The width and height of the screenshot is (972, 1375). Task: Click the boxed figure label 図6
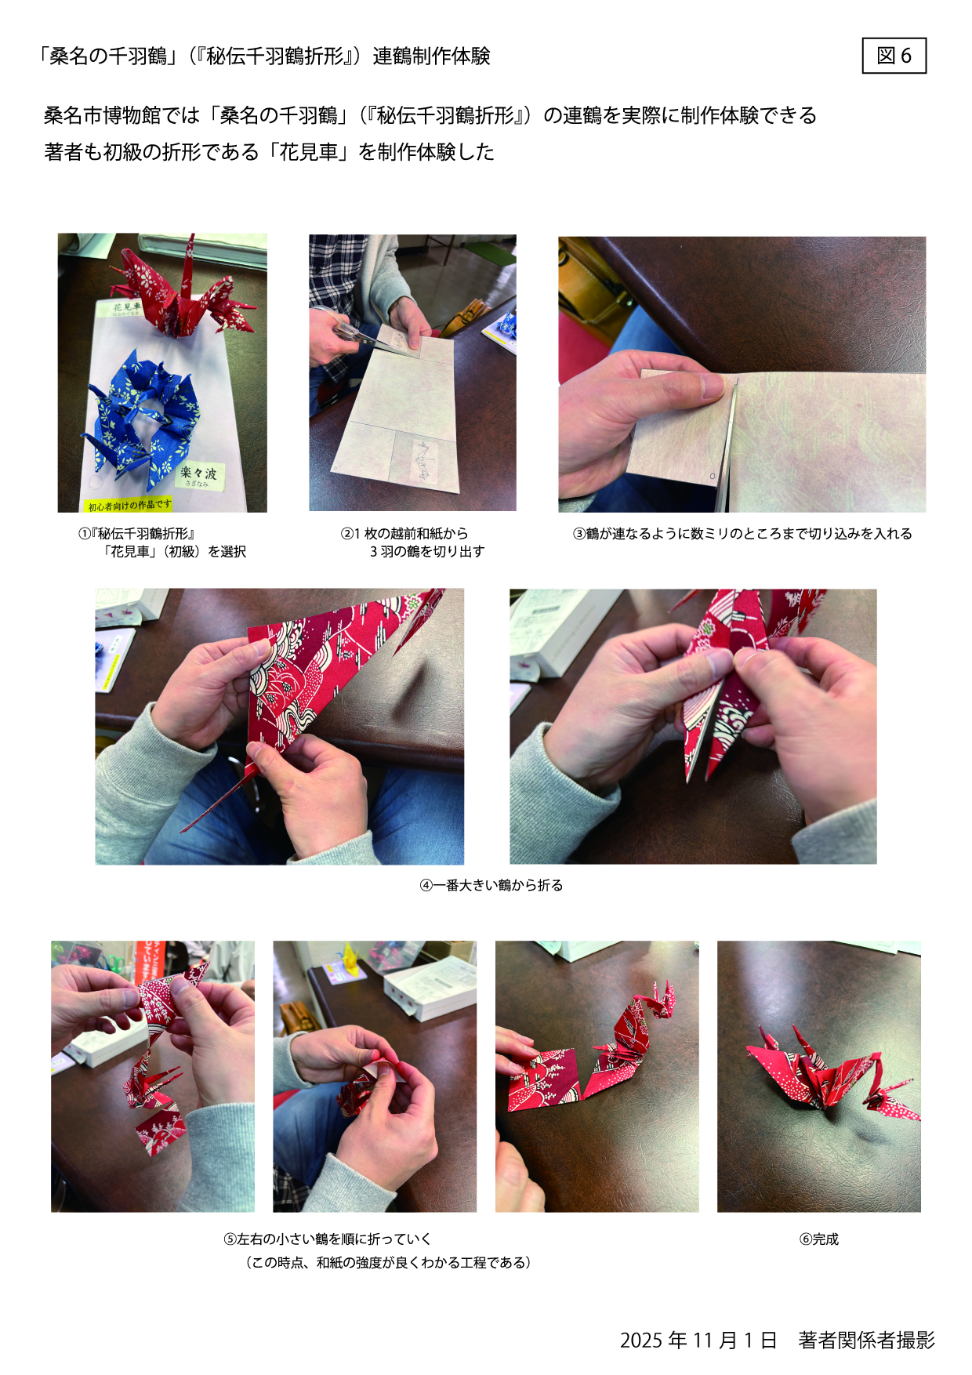(x=894, y=56)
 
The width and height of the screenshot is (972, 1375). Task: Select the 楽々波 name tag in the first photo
(x=199, y=474)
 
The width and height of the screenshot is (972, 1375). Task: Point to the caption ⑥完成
(x=818, y=1239)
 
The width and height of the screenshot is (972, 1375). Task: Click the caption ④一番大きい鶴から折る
(x=491, y=885)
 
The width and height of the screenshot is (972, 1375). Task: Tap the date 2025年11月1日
(x=698, y=1341)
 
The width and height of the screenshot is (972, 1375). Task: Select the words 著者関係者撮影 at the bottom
(x=867, y=1341)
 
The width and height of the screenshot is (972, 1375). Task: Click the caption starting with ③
(x=742, y=534)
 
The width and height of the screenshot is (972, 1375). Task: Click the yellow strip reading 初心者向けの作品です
(x=128, y=505)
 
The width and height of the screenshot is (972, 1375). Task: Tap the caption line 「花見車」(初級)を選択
(x=175, y=552)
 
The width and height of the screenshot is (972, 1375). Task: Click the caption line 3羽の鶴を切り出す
(x=427, y=552)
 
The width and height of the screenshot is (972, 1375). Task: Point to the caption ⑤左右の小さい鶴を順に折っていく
(x=328, y=1239)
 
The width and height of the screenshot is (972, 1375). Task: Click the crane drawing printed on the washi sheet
(x=424, y=461)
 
